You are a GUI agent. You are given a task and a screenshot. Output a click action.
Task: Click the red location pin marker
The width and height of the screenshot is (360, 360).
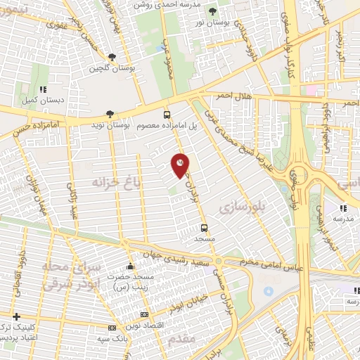coord(181,165)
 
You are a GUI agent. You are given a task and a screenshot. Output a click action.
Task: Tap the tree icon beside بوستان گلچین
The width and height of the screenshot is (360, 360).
coord(112,58)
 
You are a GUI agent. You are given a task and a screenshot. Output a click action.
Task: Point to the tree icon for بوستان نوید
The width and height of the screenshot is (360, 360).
coord(109,113)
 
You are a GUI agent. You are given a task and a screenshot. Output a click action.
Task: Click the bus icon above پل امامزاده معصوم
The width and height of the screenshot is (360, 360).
coord(167,114)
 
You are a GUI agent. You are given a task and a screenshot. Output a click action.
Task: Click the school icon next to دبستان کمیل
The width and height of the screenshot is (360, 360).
coord(43,89)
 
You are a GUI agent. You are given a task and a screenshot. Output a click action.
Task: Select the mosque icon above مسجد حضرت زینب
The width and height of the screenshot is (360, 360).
coord(129,267)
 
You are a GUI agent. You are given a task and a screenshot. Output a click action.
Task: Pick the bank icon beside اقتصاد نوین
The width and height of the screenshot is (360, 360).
coord(145,314)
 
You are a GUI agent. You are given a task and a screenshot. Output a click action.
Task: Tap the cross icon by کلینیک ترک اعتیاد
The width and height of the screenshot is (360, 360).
coord(16,316)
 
